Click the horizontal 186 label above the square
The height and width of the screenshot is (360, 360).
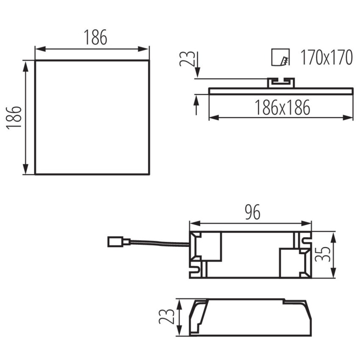(x=95, y=37)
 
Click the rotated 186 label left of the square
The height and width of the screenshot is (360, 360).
(x=14, y=118)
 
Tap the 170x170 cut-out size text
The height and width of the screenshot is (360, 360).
(x=326, y=57)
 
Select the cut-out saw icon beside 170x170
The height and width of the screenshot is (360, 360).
(x=280, y=57)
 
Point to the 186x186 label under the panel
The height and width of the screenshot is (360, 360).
(x=282, y=108)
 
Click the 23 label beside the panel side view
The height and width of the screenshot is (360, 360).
(x=187, y=59)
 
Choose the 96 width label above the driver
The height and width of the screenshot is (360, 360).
(x=252, y=212)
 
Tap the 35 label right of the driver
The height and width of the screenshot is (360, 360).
(x=322, y=254)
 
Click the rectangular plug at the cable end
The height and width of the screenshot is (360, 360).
(x=116, y=242)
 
